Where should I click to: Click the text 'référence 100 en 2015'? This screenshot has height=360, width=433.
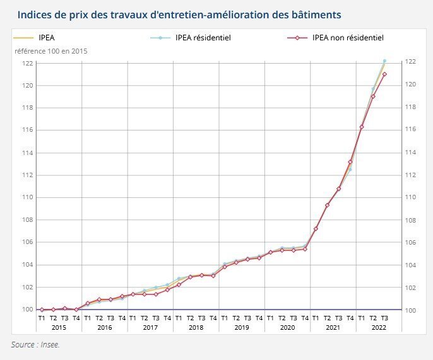(x=52, y=51)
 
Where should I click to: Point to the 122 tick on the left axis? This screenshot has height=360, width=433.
(x=27, y=63)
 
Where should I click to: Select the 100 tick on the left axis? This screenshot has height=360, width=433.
(x=27, y=310)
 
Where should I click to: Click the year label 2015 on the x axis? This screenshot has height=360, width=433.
(x=59, y=327)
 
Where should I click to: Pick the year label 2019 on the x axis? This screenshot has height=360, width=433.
(x=242, y=327)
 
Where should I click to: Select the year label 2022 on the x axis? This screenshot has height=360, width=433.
(x=379, y=327)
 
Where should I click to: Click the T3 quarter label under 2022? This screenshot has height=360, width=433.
(x=384, y=318)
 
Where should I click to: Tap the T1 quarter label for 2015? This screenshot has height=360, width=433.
(x=42, y=318)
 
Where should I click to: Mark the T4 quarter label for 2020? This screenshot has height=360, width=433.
(x=304, y=318)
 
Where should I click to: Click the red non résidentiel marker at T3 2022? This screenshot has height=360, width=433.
(x=384, y=74)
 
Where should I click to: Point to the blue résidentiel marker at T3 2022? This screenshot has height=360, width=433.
(x=384, y=61)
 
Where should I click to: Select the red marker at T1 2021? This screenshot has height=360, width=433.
(x=316, y=228)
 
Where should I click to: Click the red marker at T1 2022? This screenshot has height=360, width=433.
(x=362, y=127)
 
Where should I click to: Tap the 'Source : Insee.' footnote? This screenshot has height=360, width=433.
(x=35, y=345)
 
